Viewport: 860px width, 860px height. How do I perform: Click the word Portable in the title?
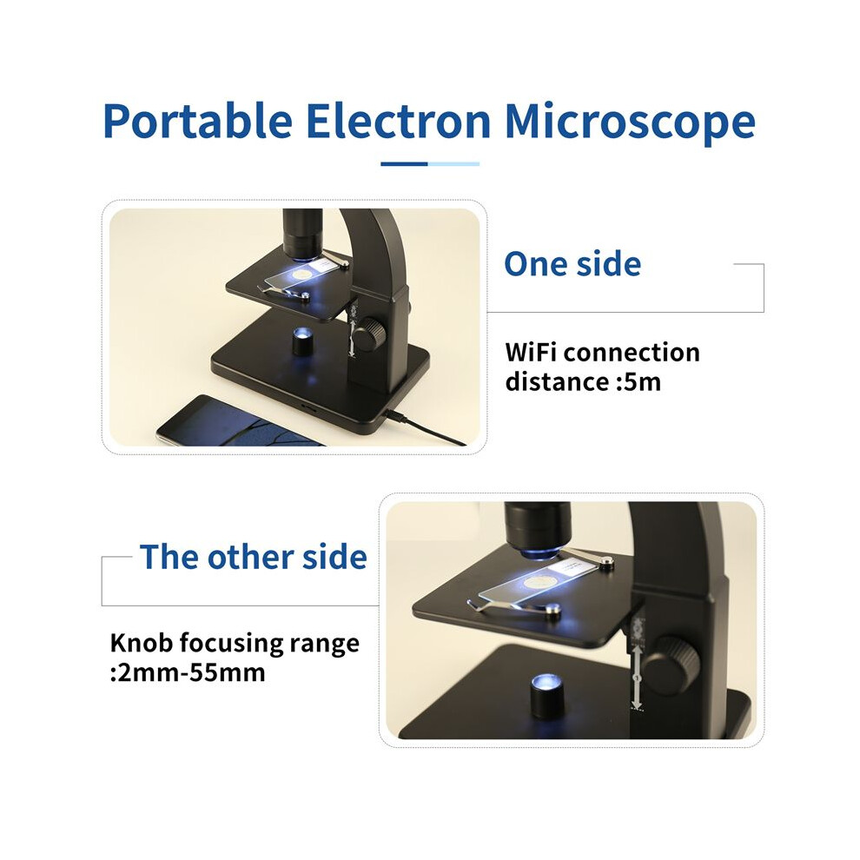197,122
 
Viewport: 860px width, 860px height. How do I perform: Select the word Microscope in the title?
630,122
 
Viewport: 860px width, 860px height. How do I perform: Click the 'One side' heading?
572,264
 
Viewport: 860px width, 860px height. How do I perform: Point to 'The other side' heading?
254,557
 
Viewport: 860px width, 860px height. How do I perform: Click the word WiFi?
532,352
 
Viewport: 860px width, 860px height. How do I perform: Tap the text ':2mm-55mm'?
188,672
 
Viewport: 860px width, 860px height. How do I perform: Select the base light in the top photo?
301,341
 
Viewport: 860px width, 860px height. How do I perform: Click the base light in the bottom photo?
546,695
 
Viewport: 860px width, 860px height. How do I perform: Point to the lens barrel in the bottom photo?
538,528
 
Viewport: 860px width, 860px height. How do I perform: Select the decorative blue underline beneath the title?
430,163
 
